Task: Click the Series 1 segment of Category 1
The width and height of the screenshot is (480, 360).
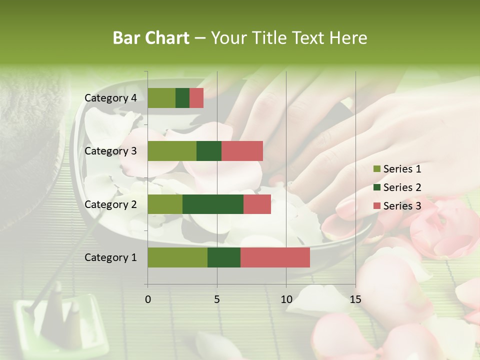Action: coord(177,257)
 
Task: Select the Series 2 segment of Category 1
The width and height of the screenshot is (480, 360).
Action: coord(224,257)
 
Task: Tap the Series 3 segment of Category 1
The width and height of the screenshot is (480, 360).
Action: coord(275,257)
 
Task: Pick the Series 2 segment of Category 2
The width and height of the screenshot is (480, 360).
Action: coord(213,204)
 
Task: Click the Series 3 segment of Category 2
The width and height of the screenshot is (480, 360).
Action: coord(257,204)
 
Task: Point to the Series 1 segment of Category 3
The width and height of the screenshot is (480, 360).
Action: coord(172,151)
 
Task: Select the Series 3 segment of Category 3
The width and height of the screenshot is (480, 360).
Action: coord(242,151)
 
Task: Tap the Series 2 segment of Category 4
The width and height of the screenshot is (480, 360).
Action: coord(182,98)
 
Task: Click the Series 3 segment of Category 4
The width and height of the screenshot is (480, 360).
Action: coord(196,98)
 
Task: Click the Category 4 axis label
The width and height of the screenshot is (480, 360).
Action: coord(110,98)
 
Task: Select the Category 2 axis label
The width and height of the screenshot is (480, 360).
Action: coord(110,204)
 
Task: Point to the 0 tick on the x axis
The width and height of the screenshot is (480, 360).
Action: coord(148,299)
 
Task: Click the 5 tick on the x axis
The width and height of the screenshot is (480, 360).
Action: coord(217,299)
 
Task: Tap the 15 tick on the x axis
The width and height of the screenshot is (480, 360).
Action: coord(355,299)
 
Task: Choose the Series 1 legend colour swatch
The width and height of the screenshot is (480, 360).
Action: coord(376,169)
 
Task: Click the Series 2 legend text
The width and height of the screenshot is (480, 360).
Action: coord(402,187)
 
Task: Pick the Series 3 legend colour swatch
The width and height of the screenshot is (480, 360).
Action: coord(376,206)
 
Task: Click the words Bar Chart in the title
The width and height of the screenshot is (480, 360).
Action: coord(151,38)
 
